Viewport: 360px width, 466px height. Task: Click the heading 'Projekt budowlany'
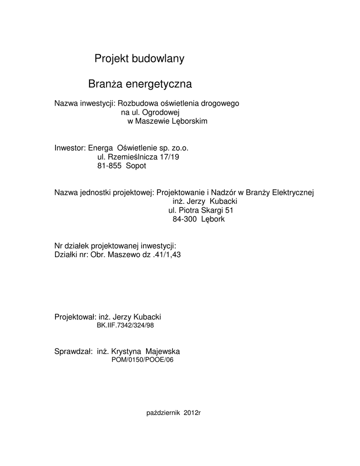(x=139, y=59)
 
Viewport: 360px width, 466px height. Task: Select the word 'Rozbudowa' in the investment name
(x=135, y=103)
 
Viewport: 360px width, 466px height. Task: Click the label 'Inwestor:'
(x=70, y=148)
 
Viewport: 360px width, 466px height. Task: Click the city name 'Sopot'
(x=136, y=166)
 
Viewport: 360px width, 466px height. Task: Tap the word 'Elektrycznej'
(x=294, y=192)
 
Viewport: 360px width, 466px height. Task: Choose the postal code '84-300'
(x=184, y=219)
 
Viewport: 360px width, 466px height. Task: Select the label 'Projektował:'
(x=74, y=317)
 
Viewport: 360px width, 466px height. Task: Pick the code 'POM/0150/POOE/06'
(x=142, y=360)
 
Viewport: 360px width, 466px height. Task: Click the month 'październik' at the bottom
(x=164, y=413)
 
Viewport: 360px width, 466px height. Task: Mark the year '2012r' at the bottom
(x=193, y=413)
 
